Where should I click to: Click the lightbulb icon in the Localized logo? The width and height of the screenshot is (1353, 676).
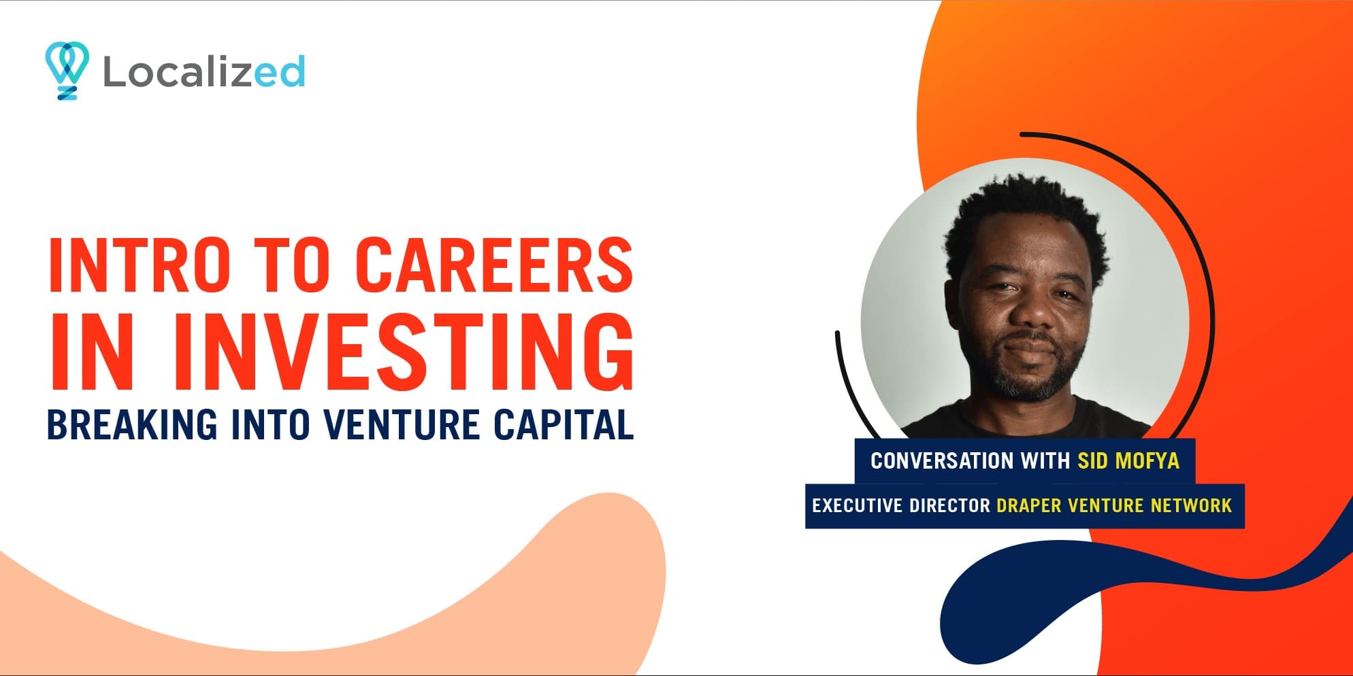[67, 70]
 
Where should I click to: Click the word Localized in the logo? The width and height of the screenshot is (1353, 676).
[203, 72]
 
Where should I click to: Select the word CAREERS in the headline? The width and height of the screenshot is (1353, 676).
[494, 265]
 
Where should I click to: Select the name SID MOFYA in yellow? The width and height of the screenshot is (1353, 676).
[1128, 461]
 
